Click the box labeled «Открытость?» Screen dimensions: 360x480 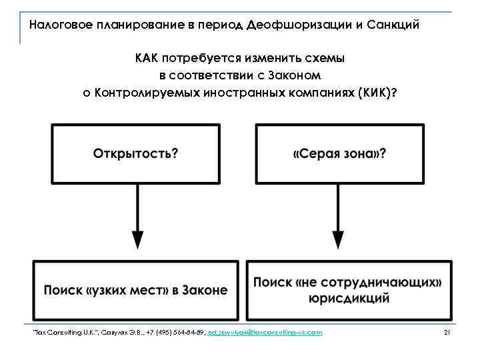(x=136, y=153)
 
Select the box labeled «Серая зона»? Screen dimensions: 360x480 (x=339, y=153)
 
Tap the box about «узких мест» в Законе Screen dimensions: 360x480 (x=136, y=290)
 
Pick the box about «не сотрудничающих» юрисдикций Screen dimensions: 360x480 (x=349, y=290)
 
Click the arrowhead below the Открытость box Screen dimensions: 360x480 (x=137, y=240)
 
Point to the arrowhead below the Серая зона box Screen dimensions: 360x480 (x=339, y=240)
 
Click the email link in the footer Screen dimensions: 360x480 (x=265, y=332)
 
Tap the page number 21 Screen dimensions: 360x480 (x=447, y=332)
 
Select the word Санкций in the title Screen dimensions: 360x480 (x=396, y=26)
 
